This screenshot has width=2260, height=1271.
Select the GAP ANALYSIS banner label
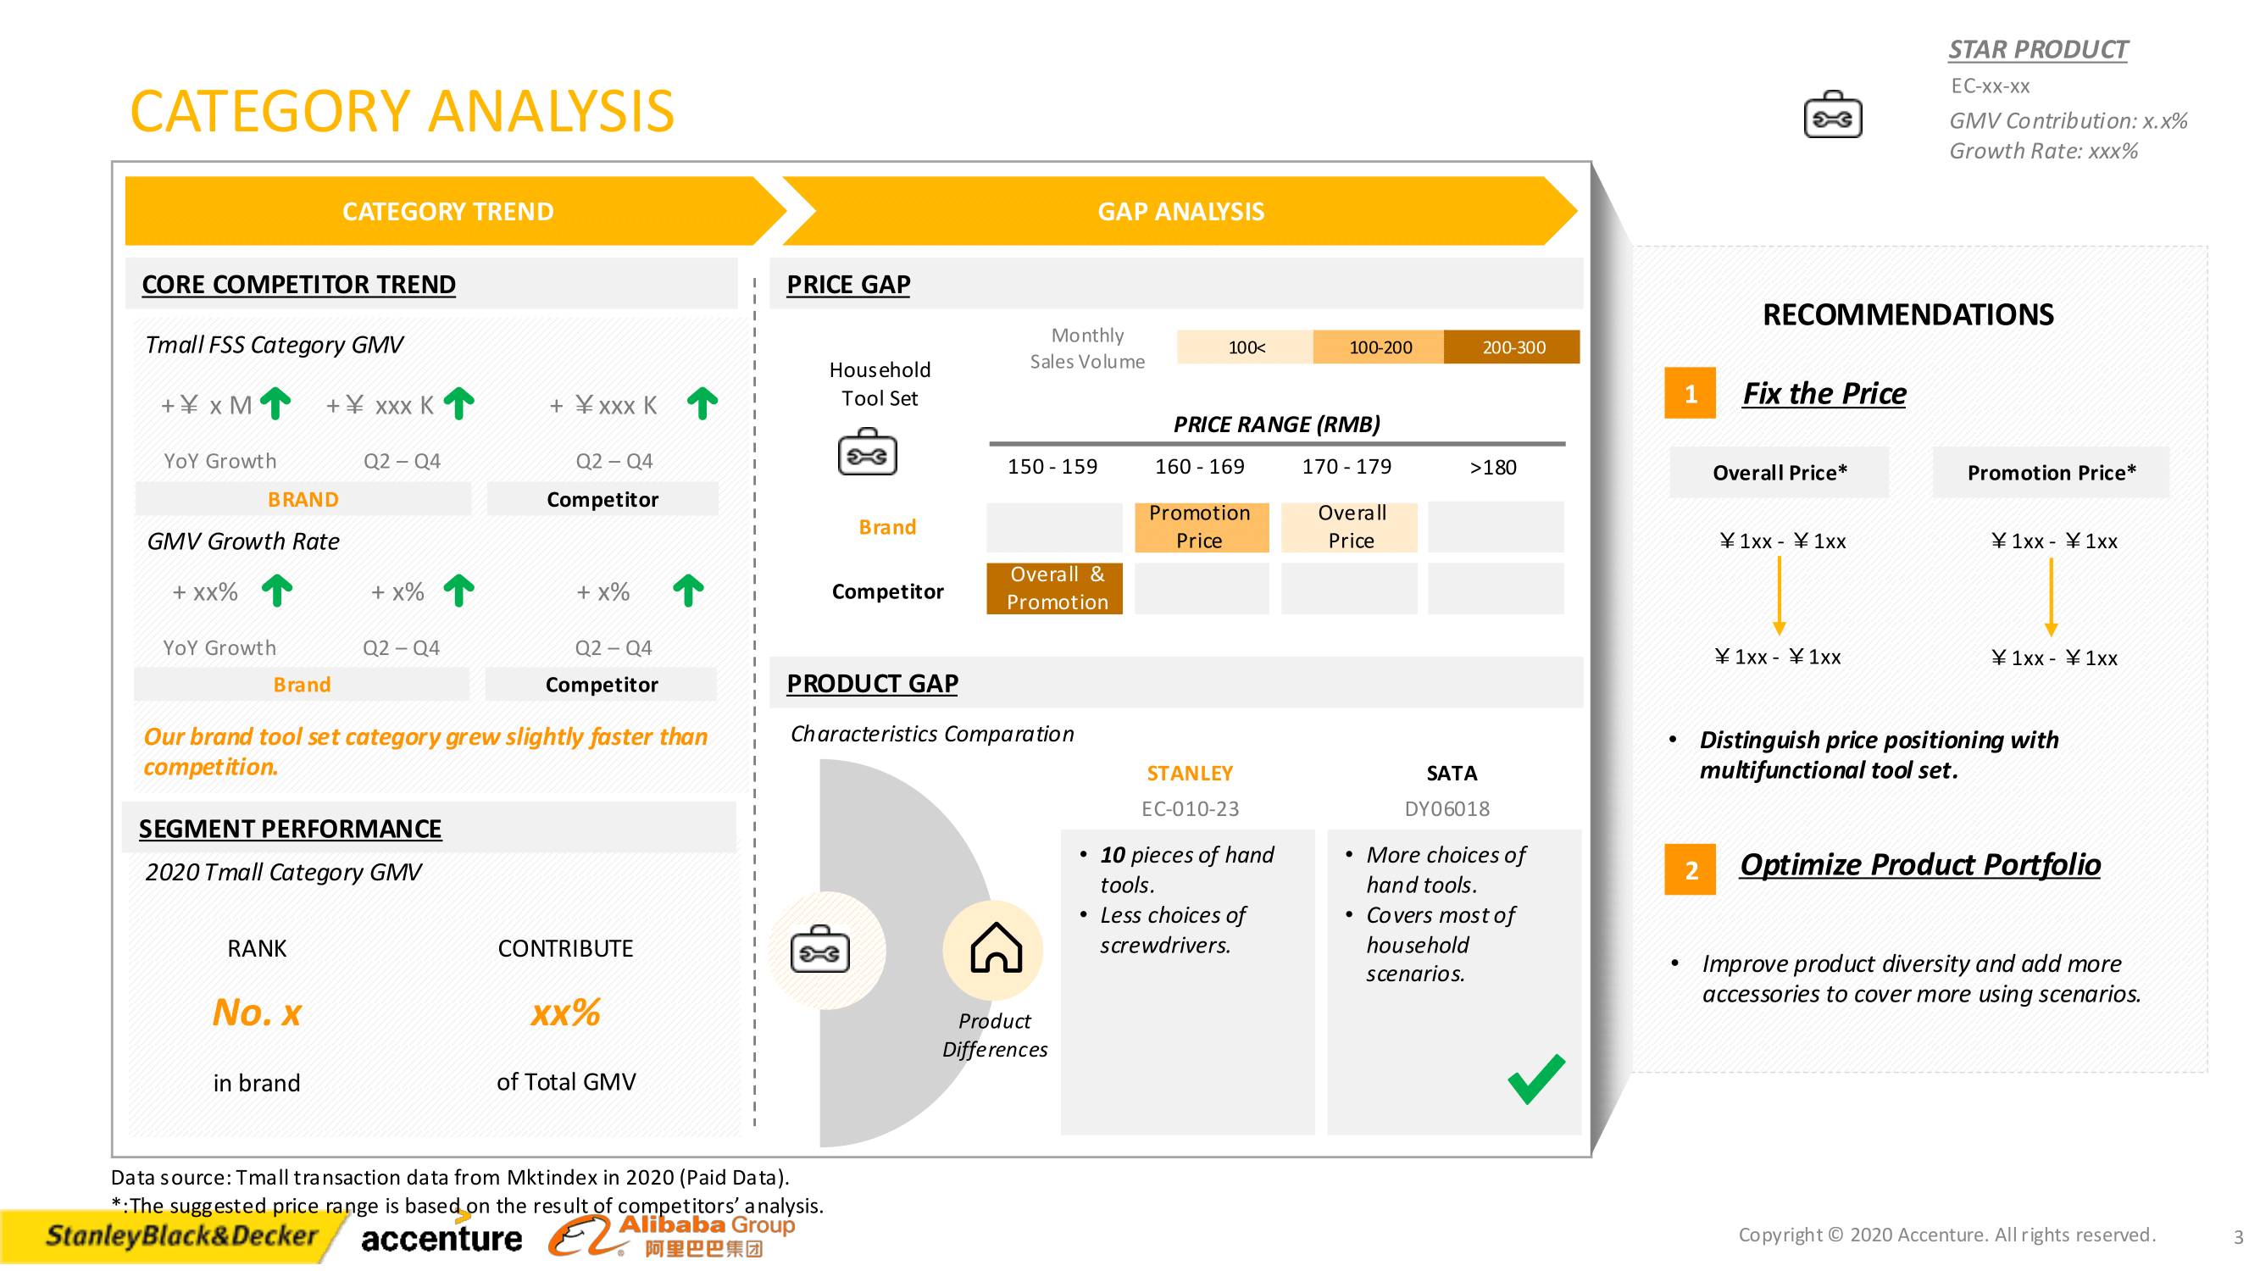point(1180,211)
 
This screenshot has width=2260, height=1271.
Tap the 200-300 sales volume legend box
point(1513,347)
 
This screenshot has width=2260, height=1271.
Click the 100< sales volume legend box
point(1245,347)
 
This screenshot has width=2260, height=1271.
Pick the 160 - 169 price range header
point(1198,467)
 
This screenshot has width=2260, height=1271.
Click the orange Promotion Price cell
point(1199,526)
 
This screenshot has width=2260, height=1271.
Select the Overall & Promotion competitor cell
point(1054,588)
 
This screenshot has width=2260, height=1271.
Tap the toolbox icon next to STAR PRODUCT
point(1832,116)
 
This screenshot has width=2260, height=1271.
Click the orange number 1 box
point(1690,393)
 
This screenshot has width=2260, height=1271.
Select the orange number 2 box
point(1690,869)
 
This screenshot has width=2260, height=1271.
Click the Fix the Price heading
point(1824,393)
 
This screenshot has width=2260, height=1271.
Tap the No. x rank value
point(257,1013)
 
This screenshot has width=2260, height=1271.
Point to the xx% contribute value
point(565,1013)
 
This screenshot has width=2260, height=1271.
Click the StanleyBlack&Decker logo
point(180,1235)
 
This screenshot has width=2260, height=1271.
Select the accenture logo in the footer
point(441,1237)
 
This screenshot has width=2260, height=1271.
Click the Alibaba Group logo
point(671,1235)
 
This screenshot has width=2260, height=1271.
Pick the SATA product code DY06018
point(1447,808)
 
